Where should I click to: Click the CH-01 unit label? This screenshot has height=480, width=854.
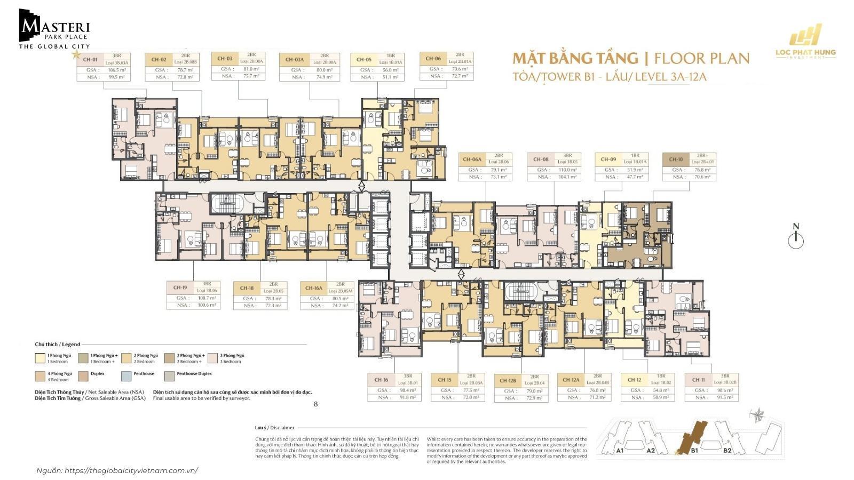(x=90, y=59)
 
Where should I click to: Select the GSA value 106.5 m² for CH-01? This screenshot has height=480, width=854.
(x=117, y=70)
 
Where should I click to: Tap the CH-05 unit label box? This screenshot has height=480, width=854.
(x=364, y=59)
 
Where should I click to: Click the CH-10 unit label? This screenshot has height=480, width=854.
(x=676, y=159)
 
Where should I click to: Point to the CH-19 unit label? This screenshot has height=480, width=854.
(x=180, y=287)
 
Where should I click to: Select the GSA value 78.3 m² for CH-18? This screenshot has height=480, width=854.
(x=273, y=299)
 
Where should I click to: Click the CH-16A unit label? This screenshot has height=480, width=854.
(x=313, y=288)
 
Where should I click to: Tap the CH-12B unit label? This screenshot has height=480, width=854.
(x=508, y=380)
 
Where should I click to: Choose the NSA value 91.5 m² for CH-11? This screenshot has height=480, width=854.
(x=724, y=397)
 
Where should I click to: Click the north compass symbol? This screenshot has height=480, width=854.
(x=796, y=238)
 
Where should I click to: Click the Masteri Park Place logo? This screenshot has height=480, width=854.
(x=54, y=29)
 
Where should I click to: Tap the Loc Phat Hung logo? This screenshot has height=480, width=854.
(x=805, y=42)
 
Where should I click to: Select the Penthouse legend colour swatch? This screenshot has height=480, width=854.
(x=126, y=376)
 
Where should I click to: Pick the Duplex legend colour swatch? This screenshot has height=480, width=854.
(x=83, y=376)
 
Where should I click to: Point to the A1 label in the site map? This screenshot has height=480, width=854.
(x=620, y=451)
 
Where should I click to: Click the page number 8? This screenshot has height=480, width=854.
(x=315, y=404)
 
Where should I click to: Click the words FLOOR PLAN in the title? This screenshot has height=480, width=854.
(x=701, y=58)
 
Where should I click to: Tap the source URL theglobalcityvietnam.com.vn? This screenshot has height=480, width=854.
(x=131, y=470)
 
